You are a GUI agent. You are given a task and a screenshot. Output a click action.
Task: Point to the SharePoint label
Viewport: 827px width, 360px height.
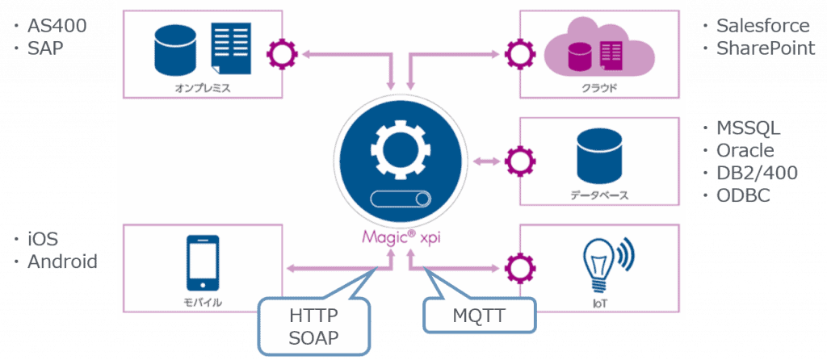click(765, 48)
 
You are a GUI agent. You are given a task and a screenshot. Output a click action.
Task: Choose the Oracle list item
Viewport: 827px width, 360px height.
click(745, 151)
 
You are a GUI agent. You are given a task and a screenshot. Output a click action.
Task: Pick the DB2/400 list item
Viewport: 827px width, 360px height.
click(757, 174)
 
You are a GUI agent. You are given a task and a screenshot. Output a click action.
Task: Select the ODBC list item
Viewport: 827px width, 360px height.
click(742, 196)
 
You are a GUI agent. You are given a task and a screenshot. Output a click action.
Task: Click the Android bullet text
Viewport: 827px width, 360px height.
click(62, 262)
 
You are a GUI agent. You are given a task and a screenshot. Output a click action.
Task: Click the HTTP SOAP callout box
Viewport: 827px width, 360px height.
click(313, 327)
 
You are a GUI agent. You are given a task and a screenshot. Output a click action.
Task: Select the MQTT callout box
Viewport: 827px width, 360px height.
click(480, 316)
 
